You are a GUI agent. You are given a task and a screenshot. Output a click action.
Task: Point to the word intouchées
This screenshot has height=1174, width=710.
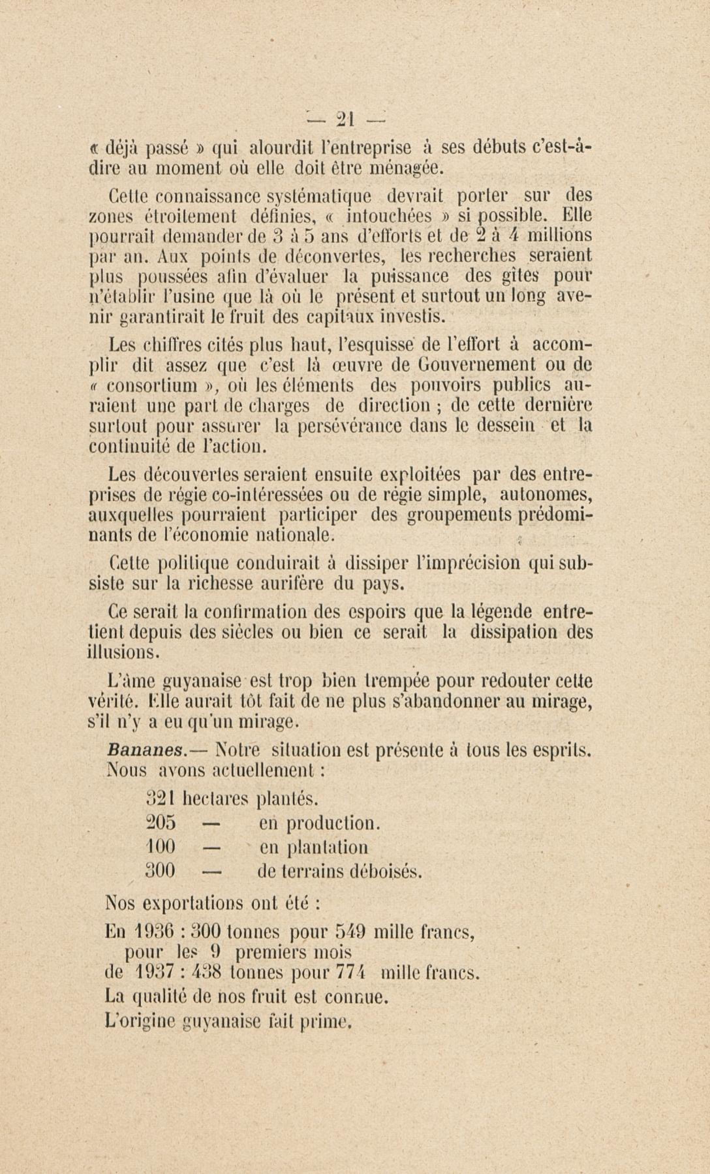[389, 217]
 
